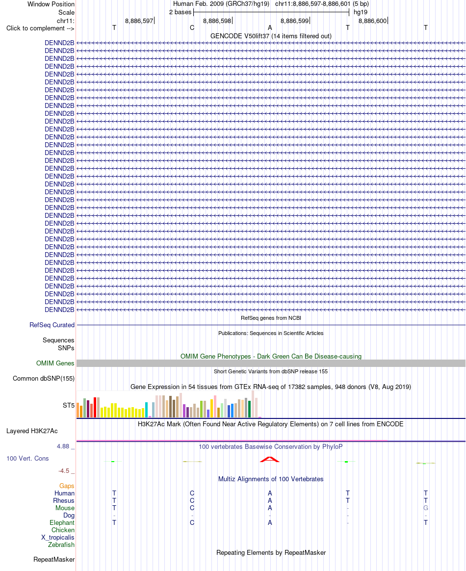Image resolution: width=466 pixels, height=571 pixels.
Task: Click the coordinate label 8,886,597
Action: click(x=139, y=21)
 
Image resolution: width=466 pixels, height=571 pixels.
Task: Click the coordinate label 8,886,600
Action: click(x=372, y=21)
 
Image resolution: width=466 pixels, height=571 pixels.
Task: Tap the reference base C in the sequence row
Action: click(x=192, y=27)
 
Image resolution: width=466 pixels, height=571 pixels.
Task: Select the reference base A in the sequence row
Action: click(x=270, y=27)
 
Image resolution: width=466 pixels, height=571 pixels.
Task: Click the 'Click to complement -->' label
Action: click(x=40, y=28)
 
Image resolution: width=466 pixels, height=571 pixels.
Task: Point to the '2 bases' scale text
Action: click(x=180, y=12)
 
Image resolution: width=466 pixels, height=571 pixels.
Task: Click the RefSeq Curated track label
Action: click(x=52, y=325)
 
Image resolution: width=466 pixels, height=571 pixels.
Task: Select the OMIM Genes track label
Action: click(x=55, y=363)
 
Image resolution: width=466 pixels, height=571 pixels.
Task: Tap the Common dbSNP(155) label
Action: click(x=44, y=378)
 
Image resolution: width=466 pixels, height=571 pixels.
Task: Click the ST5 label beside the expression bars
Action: click(x=69, y=405)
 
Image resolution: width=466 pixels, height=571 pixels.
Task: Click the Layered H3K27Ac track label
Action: click(x=32, y=431)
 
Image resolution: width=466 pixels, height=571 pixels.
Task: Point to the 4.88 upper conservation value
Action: click(x=63, y=446)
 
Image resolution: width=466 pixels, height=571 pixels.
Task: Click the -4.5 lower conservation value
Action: click(x=64, y=471)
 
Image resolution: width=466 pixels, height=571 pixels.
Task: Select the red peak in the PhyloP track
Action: click(x=270, y=460)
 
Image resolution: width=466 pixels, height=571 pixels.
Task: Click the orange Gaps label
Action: click(x=67, y=486)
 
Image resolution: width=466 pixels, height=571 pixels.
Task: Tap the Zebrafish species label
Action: click(x=61, y=545)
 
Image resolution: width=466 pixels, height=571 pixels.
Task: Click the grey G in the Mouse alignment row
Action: click(x=426, y=508)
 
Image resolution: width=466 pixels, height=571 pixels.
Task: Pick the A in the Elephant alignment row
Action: click(x=270, y=522)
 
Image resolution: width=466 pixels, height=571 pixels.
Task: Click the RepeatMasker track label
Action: click(x=54, y=559)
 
